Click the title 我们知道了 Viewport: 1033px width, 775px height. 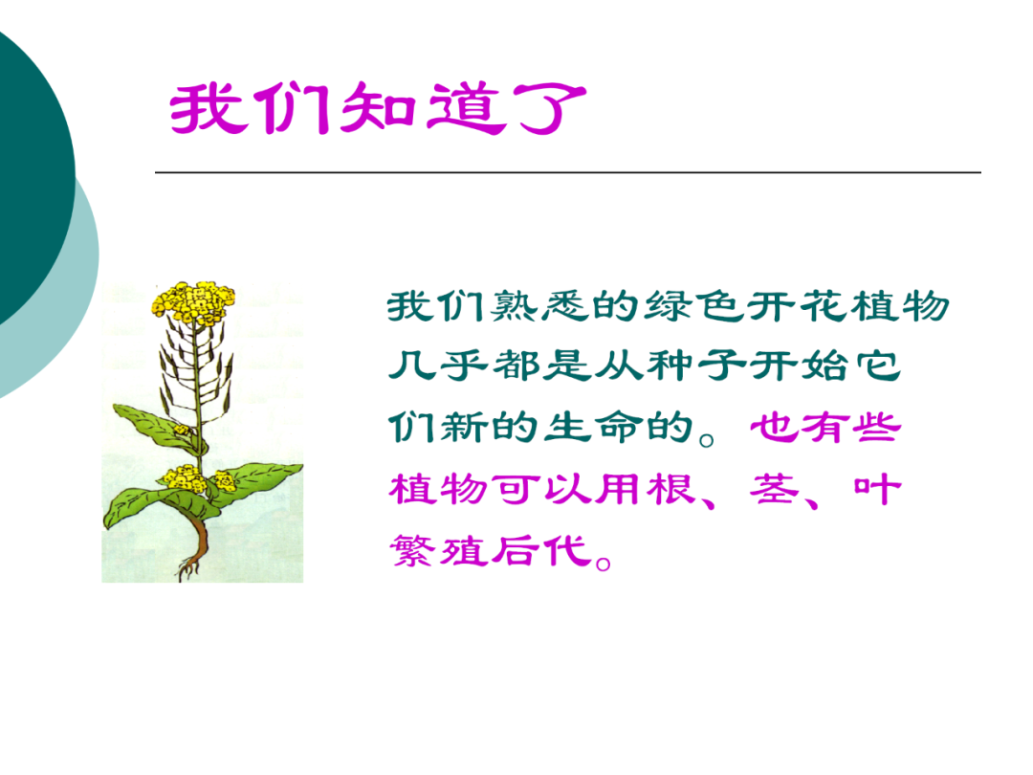click(x=378, y=111)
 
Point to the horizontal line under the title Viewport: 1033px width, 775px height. click(x=567, y=172)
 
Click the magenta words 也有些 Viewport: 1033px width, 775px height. click(x=824, y=429)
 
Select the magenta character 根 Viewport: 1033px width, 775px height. click(x=691, y=490)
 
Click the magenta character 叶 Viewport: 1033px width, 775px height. click(x=878, y=490)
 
